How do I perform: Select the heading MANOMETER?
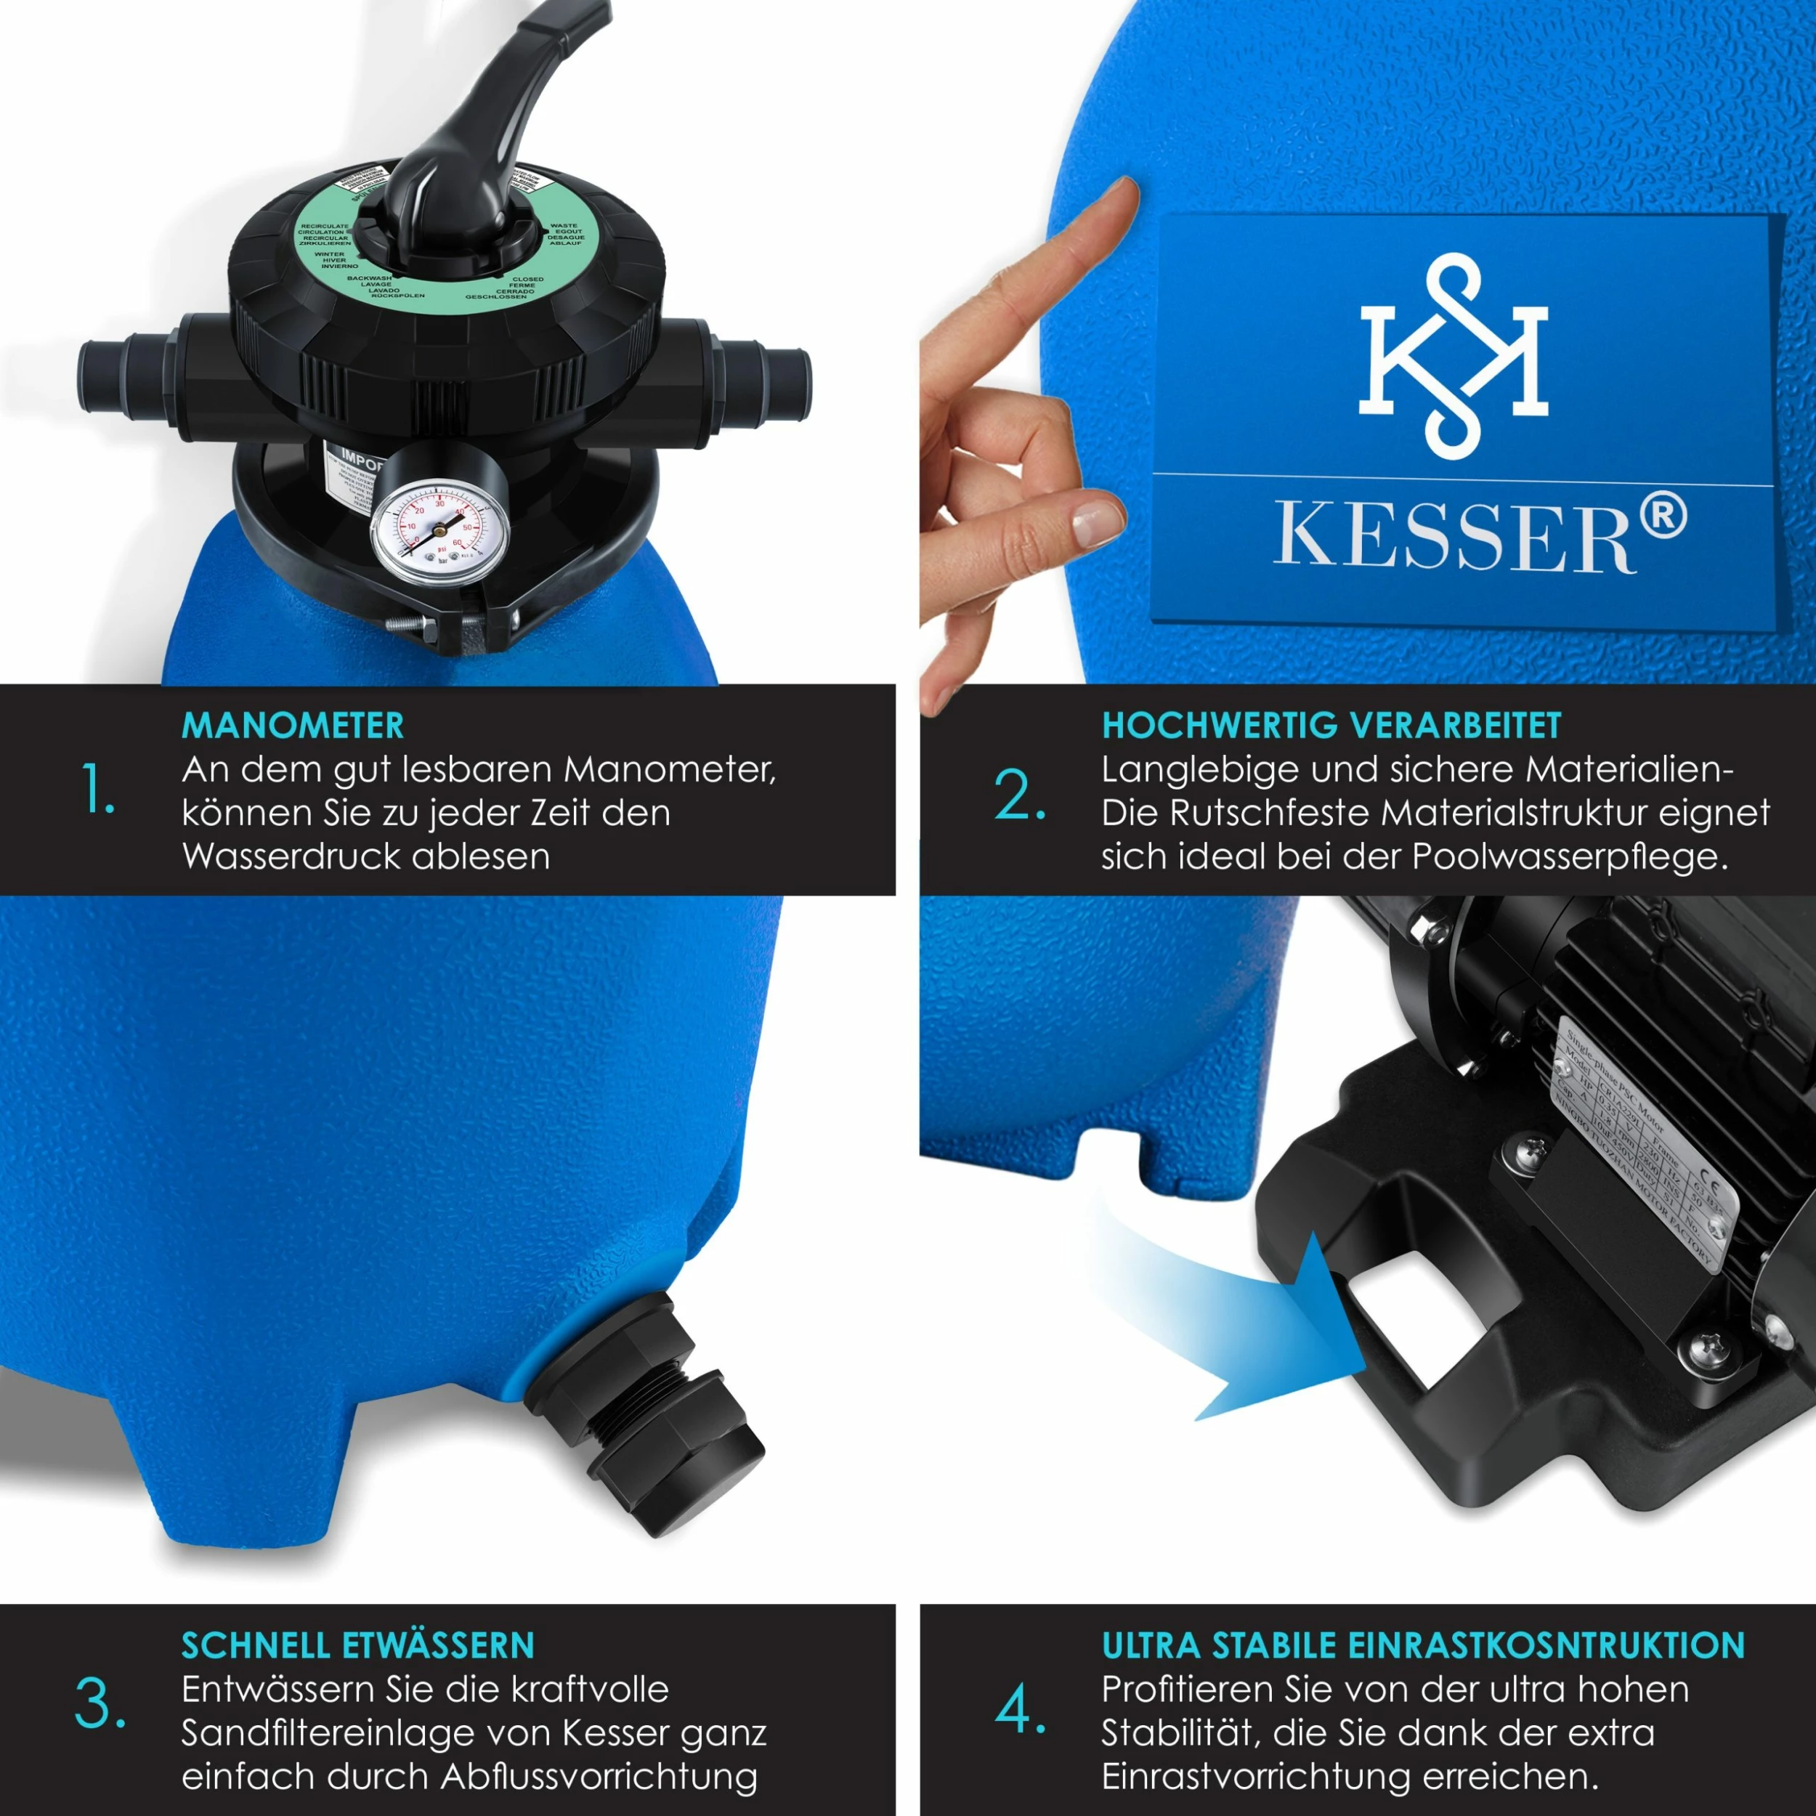point(292,726)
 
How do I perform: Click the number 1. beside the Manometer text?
point(98,790)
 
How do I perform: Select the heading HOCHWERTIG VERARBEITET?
point(1331,726)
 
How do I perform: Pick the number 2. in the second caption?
point(1019,795)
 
